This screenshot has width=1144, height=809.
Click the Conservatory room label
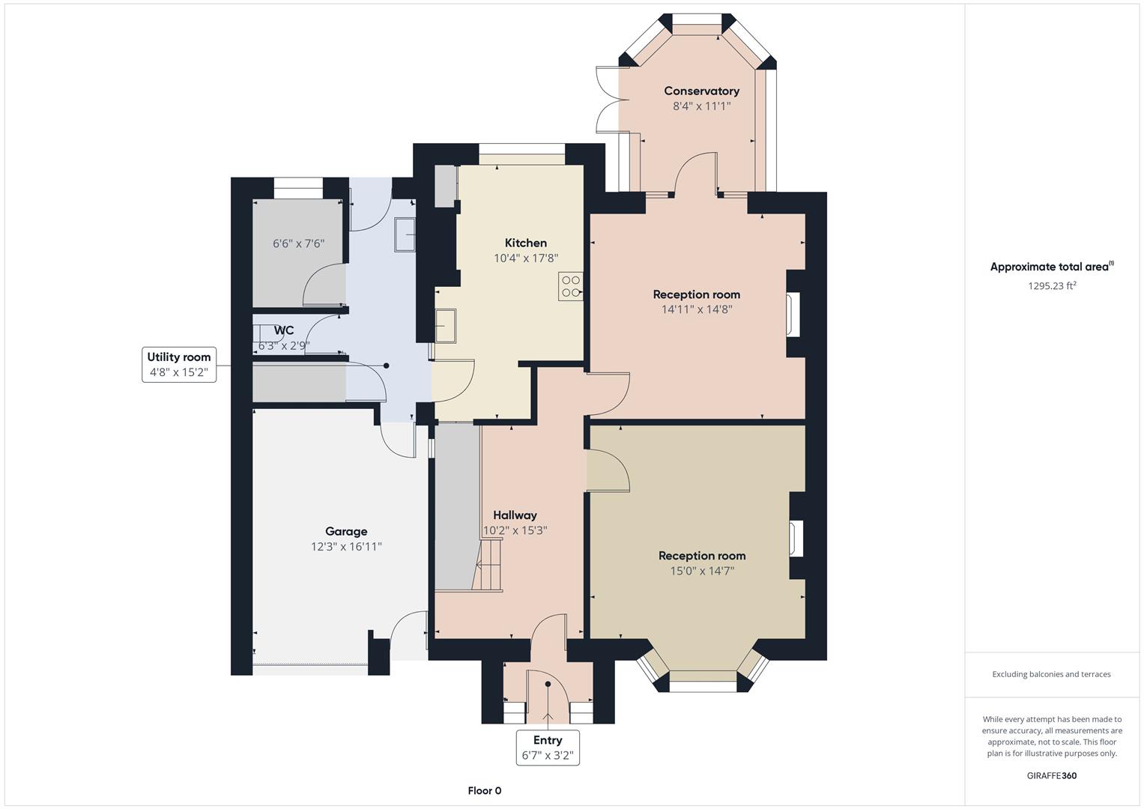click(701, 91)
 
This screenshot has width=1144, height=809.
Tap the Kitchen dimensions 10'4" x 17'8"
click(525, 258)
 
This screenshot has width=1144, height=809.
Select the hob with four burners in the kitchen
click(570, 287)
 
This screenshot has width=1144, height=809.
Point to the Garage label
click(346, 531)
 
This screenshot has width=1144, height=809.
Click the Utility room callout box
click(179, 365)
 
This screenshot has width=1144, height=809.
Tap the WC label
click(284, 330)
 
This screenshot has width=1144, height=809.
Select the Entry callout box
click(548, 748)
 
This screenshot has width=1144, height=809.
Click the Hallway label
click(515, 515)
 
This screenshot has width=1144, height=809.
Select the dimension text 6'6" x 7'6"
click(298, 243)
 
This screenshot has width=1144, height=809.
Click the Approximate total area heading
click(1051, 267)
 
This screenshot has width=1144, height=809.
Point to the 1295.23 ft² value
click(1052, 285)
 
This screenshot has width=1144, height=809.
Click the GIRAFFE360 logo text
click(1051, 775)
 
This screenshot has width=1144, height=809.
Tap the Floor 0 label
click(484, 790)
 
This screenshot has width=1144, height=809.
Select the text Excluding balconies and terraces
click(1051, 674)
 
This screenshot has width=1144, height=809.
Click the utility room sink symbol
click(405, 235)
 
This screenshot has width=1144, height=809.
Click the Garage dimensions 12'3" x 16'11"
click(346, 547)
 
